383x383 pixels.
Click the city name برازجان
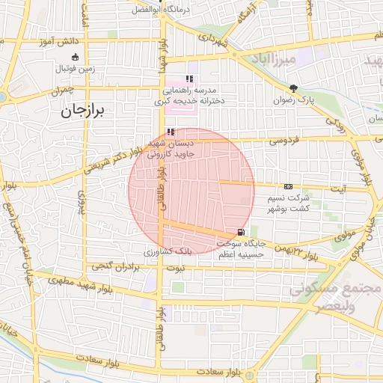tap(84, 111)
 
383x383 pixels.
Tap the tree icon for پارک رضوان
tap(293, 88)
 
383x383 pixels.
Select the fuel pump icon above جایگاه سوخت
tap(239, 232)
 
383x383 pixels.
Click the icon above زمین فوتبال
tap(73, 58)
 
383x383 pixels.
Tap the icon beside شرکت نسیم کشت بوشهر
tap(289, 186)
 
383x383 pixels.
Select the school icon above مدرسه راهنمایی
tap(190, 78)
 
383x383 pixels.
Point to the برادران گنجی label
tap(116, 266)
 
